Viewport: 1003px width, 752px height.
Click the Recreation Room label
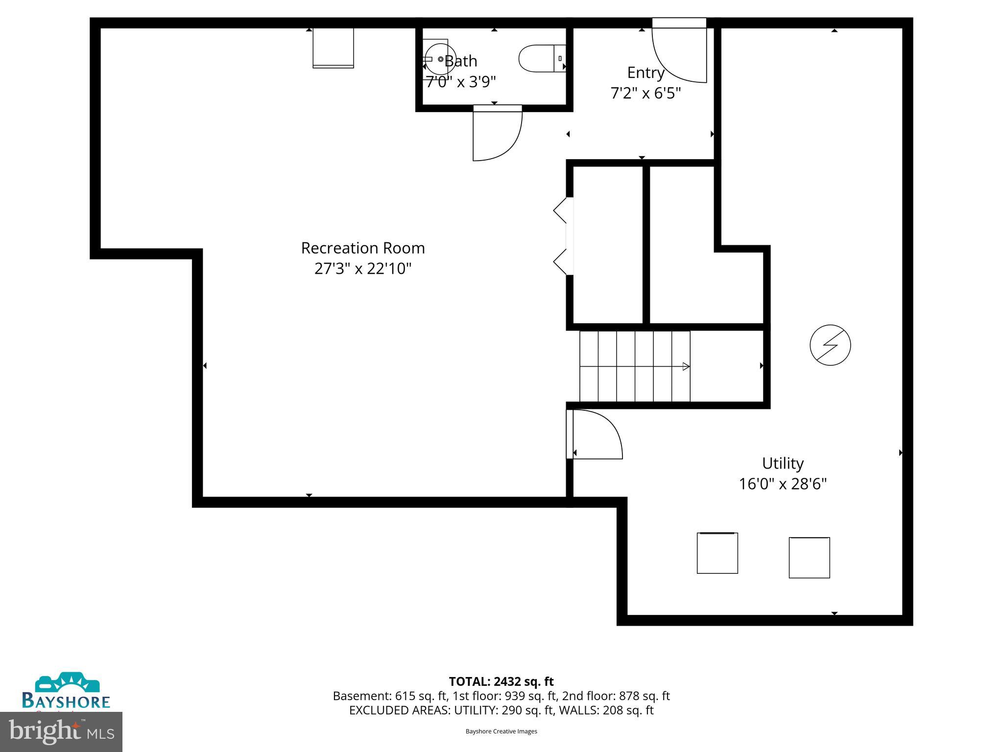(x=362, y=248)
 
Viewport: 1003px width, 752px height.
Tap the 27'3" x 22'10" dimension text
(x=362, y=269)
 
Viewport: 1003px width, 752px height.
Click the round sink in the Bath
(x=440, y=59)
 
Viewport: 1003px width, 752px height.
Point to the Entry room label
(x=645, y=72)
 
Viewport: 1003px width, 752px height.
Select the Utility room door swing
(x=596, y=434)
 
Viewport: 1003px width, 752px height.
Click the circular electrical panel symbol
(x=830, y=345)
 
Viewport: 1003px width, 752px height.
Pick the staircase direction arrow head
(x=687, y=366)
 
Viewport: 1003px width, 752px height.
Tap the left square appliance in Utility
(x=717, y=553)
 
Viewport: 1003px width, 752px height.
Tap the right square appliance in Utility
(x=809, y=558)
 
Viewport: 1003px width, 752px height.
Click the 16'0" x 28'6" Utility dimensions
(x=783, y=484)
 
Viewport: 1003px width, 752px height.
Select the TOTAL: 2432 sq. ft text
(x=501, y=681)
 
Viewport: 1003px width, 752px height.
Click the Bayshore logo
(x=66, y=691)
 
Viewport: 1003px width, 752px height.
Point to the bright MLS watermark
(x=61, y=731)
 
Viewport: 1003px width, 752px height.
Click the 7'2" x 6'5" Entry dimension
(x=645, y=93)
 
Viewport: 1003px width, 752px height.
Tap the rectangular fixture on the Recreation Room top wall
(x=333, y=47)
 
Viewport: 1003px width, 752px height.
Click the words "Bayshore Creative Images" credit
(x=501, y=731)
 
